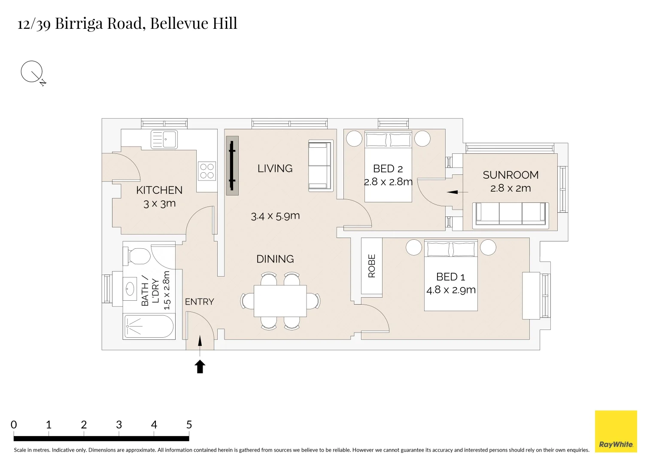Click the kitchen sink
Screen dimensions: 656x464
tap(164, 140)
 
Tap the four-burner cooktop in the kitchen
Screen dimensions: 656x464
tap(207, 171)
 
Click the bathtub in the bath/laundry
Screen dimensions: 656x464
tap(149, 326)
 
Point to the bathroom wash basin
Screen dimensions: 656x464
tap(130, 288)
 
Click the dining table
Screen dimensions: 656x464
tap(280, 301)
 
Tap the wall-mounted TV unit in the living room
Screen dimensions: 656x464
tap(232, 165)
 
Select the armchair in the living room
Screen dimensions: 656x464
tap(321, 166)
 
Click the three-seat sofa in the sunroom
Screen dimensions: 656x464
tap(510, 216)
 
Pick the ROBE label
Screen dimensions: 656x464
tap(372, 266)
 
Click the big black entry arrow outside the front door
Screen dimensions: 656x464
tap(200, 366)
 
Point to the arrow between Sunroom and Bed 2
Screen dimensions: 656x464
tap(457, 192)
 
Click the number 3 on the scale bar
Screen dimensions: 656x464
tap(119, 425)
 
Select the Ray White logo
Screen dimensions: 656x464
tap(616, 431)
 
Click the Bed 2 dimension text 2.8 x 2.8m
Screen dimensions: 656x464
tap(389, 182)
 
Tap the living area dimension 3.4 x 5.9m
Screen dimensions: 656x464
tap(275, 216)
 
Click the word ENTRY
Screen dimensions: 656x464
tap(200, 302)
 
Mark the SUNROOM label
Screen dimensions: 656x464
tap(510, 175)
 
